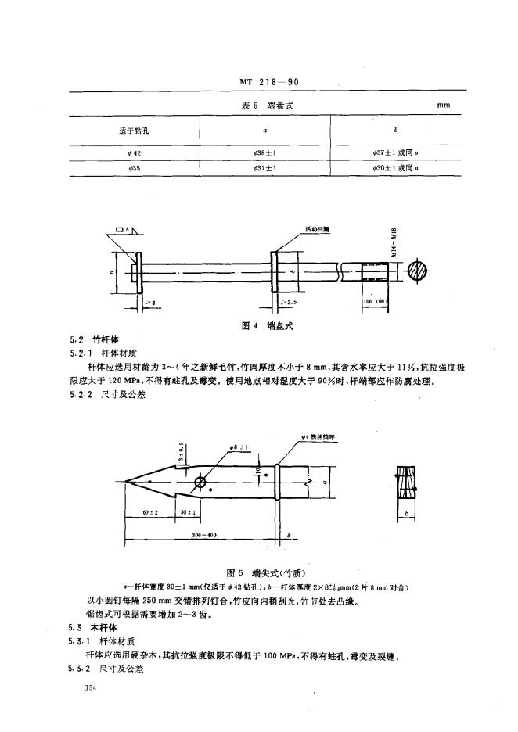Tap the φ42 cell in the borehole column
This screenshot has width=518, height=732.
click(121, 153)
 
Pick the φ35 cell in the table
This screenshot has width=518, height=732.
click(121, 167)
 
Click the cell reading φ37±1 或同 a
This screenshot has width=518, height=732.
click(397, 153)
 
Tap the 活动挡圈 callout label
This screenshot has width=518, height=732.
click(317, 230)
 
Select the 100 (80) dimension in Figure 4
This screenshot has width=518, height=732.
click(376, 300)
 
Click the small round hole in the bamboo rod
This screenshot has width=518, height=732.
click(200, 482)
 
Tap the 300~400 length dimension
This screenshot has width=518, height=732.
click(203, 534)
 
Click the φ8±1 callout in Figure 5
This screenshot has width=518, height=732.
click(239, 447)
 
